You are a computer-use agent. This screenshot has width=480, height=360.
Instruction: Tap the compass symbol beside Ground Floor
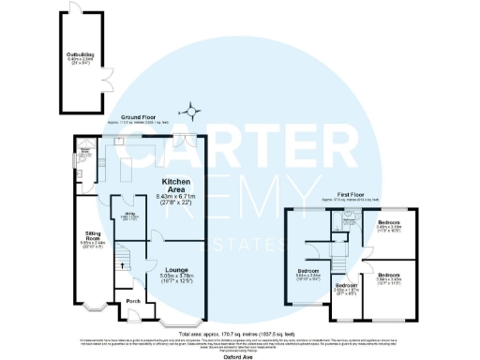(x=193, y=114)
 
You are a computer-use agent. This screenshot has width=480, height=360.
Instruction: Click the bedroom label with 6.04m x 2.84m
(x=308, y=274)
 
